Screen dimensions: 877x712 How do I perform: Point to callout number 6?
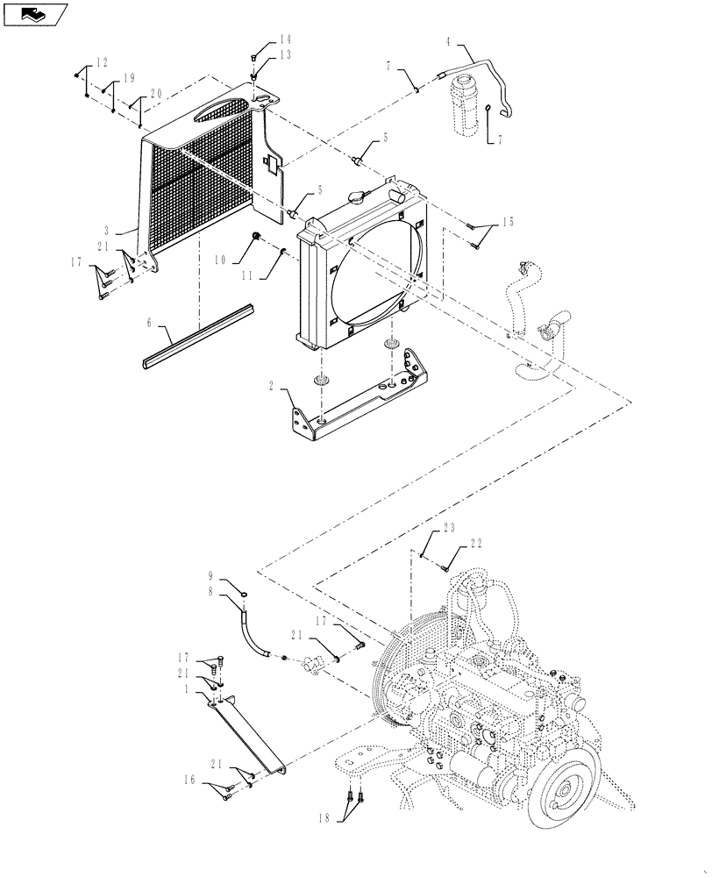coord(150,322)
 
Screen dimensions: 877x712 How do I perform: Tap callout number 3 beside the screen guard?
coord(131,227)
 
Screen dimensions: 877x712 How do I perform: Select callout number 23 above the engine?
coord(450,530)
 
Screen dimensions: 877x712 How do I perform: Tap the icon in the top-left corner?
coord(35,14)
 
